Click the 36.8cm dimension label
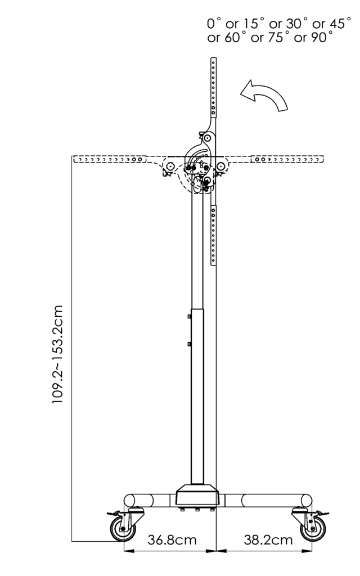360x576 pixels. coord(172,540)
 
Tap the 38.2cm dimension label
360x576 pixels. coord(268,540)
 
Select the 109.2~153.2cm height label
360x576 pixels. coord(58,354)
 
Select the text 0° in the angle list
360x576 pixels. coord(214,24)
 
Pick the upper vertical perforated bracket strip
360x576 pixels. coord(213,87)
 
